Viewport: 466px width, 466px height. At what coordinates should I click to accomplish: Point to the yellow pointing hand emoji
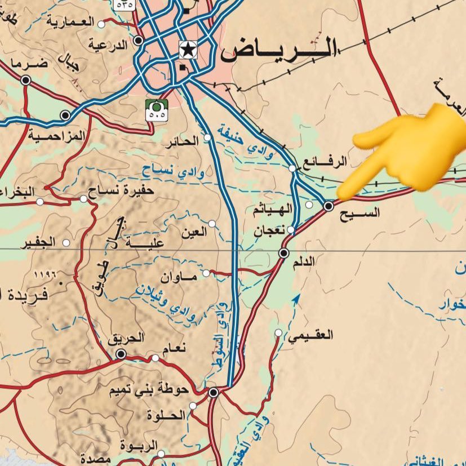click(406, 152)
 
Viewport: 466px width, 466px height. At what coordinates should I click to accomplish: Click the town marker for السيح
click(329, 206)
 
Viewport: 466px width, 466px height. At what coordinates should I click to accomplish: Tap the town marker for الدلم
click(284, 253)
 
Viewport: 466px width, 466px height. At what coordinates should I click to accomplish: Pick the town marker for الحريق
click(121, 354)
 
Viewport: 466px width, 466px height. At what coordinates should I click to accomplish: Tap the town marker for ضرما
click(25, 81)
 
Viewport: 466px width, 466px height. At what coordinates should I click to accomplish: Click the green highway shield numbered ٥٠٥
click(157, 109)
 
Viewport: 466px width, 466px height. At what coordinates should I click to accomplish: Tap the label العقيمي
click(310, 335)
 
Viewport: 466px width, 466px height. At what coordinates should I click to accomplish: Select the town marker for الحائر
click(207, 137)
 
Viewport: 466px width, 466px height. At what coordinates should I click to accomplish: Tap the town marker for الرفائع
click(292, 168)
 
